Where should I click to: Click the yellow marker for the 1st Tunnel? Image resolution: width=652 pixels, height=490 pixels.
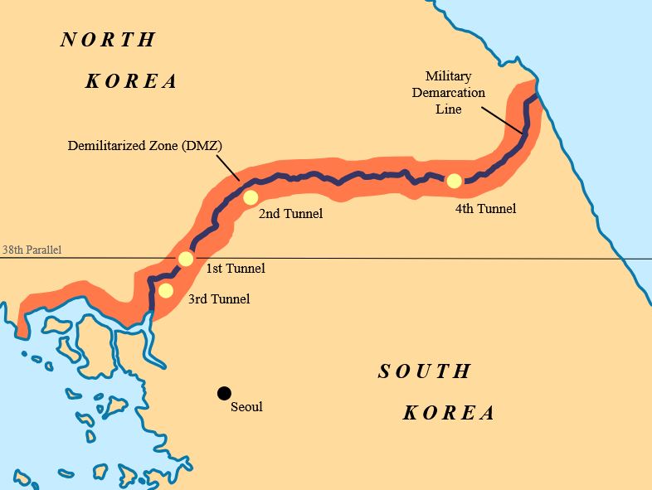click(186, 259)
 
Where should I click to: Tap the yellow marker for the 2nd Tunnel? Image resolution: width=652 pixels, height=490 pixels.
click(251, 197)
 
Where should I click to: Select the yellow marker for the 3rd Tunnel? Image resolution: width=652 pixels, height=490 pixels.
click(166, 290)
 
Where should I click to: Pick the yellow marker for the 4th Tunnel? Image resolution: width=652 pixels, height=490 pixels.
click(454, 181)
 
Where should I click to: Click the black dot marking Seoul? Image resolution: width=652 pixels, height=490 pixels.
click(223, 393)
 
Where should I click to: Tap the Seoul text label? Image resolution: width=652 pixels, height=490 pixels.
click(246, 406)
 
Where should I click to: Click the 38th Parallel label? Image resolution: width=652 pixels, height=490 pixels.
click(32, 250)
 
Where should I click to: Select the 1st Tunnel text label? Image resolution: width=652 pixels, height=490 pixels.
click(235, 268)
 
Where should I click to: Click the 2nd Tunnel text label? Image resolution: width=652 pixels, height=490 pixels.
click(290, 214)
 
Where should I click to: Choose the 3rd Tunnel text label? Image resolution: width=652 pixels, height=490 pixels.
click(219, 298)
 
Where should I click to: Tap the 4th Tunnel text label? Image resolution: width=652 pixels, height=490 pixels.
click(485, 209)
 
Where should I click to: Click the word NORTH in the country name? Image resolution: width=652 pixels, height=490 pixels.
click(108, 40)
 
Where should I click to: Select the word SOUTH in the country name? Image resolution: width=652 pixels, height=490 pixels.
click(425, 371)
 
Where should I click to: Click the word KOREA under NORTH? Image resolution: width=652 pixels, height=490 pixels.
click(132, 81)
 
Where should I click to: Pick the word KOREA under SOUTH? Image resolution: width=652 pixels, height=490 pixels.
click(449, 413)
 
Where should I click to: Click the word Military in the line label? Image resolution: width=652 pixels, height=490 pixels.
click(449, 76)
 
